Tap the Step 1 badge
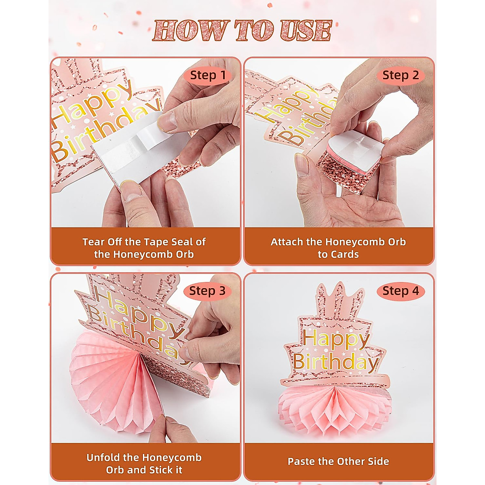tap(208, 75)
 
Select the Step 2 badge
tap(401, 75)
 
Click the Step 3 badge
tap(208, 291)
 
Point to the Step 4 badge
tap(401, 291)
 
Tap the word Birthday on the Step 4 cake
tap(335, 361)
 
